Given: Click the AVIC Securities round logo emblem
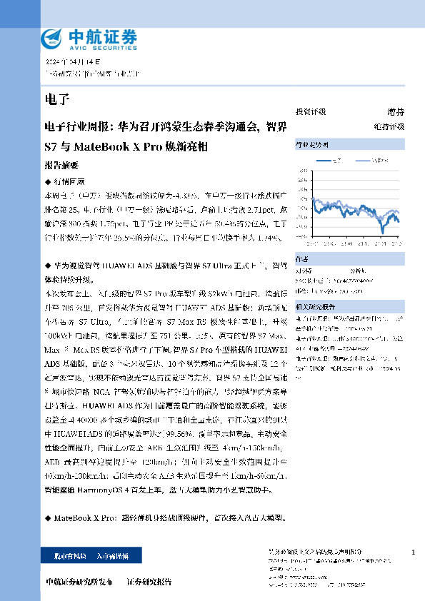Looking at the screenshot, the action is (51, 36).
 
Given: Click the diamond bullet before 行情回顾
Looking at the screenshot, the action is (48, 181).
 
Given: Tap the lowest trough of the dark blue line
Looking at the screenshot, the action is (383, 232).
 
